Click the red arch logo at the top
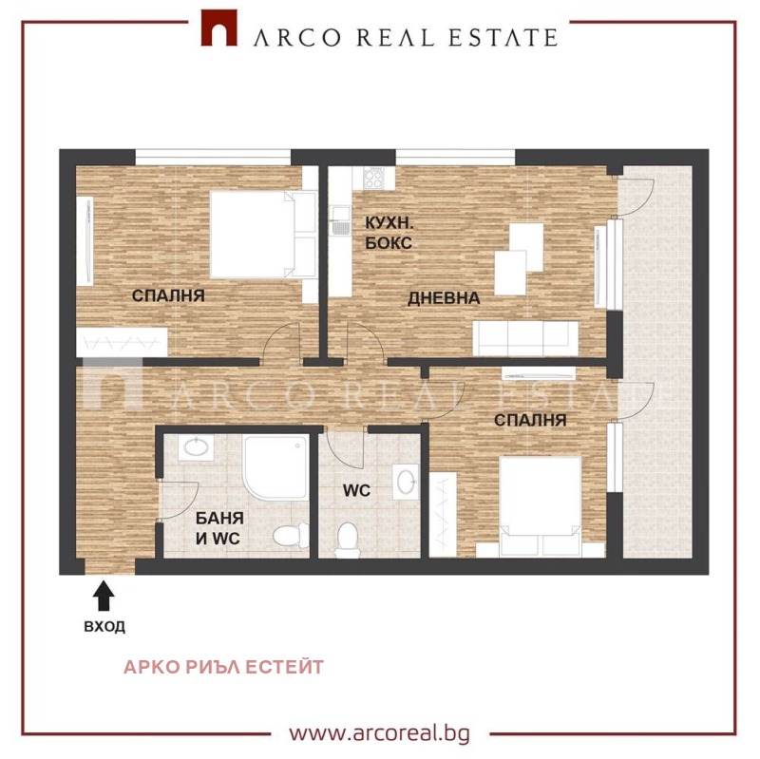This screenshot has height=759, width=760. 218,28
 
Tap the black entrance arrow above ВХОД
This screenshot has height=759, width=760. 104,596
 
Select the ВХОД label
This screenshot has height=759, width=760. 104,627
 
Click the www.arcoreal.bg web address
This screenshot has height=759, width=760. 379,732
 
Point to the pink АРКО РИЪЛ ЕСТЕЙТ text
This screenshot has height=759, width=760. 223,667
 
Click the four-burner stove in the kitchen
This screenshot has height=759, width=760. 373,178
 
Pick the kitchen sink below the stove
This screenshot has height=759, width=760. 340,220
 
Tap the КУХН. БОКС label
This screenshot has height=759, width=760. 389,233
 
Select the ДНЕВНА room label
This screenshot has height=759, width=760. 444,298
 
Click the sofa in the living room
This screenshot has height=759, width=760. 525,338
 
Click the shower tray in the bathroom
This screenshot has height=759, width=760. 275,467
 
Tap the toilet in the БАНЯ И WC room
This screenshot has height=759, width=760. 291,536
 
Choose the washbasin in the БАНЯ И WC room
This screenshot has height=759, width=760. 196,446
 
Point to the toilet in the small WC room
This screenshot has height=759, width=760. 347,540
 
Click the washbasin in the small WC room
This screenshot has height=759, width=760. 406,482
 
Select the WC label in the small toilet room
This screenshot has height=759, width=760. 357,490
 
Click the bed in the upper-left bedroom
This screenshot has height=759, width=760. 263,235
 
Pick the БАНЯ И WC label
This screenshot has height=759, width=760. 219,528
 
